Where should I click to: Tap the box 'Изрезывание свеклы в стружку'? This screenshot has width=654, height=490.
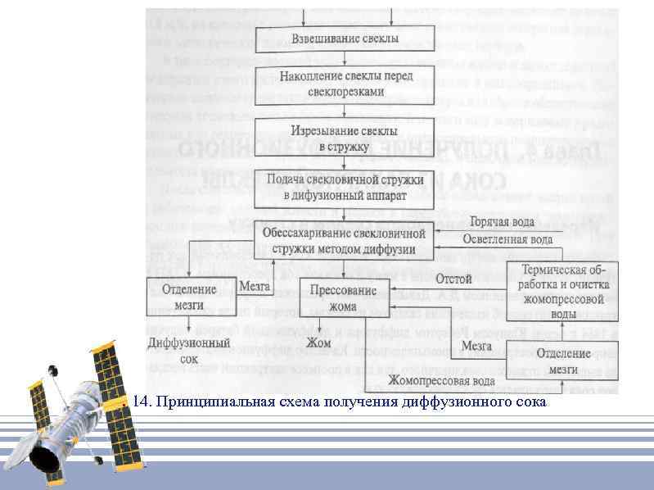pos(345,138)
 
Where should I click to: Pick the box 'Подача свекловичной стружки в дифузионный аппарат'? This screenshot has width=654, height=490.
pos(345,187)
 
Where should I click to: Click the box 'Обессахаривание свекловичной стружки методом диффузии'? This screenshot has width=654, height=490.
pos(345,241)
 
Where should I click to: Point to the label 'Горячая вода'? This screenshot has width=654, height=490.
pos(503,222)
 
